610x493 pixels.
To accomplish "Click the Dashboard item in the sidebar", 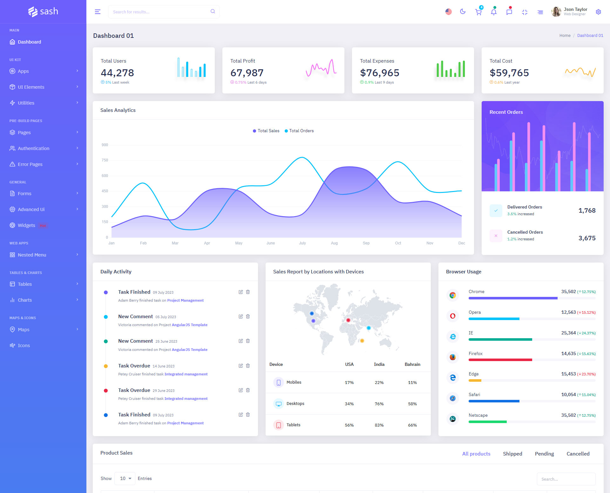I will [29, 42].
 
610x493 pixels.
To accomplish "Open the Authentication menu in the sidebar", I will [33, 148].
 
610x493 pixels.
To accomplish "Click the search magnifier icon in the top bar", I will [213, 11].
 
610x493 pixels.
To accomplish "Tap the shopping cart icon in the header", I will [478, 12].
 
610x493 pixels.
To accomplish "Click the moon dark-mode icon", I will [463, 12].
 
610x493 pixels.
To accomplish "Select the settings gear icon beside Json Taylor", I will [598, 12].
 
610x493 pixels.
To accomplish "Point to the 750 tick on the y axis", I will [105, 160].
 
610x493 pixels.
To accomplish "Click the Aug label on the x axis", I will [334, 243].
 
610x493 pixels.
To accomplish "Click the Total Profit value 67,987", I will [247, 73].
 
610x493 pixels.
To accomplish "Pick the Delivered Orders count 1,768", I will [587, 210].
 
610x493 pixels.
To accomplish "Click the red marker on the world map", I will [348, 320].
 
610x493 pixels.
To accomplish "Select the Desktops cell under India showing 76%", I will [379, 404].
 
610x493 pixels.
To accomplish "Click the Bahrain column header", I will [412, 365].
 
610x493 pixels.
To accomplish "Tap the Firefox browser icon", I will [453, 357].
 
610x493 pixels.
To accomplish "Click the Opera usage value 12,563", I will [568, 312].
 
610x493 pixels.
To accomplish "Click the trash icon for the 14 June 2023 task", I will [248, 366].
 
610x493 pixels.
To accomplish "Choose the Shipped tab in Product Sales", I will [512, 454].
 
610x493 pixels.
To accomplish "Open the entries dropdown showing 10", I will [125, 479].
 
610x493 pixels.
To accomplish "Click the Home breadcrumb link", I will [565, 36].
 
